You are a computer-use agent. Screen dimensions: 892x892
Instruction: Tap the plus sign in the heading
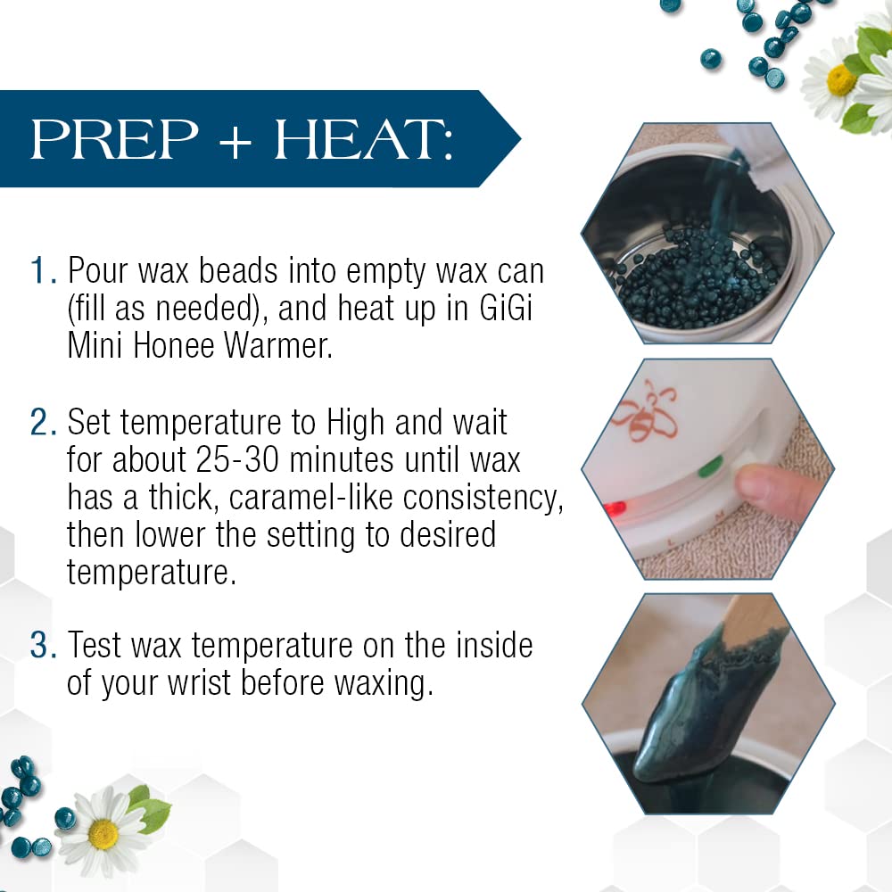[x=235, y=143]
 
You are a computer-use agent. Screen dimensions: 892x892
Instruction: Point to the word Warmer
[x=277, y=345]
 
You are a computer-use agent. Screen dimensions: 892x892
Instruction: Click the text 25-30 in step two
[x=238, y=459]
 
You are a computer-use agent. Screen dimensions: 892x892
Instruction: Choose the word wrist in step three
[x=199, y=682]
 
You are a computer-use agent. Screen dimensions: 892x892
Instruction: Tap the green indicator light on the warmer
[x=710, y=467]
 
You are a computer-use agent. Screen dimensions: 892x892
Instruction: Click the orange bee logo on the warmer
[x=645, y=413]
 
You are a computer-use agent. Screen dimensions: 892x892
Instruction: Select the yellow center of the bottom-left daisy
[x=103, y=834]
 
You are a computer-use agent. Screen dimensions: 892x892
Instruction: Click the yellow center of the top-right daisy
[x=841, y=80]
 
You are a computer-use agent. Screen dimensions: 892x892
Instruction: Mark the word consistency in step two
[x=483, y=499]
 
